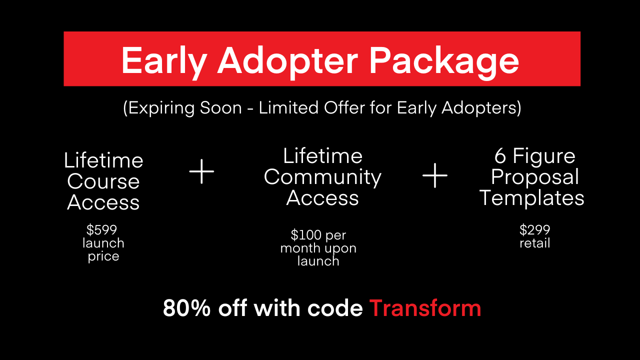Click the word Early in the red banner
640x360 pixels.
point(164,61)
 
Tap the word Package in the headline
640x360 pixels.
point(444,61)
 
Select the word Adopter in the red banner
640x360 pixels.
point(287,61)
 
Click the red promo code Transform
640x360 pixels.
point(425,308)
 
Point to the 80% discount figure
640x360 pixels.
point(186,308)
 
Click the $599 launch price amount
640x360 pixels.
point(101,229)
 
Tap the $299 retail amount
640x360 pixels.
point(534,229)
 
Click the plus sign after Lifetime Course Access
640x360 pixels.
point(201,171)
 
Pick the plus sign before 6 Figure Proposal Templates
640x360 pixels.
point(435,175)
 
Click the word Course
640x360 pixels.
point(103,181)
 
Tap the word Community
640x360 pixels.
point(322,177)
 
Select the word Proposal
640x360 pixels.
point(535,177)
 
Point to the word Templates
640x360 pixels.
point(531,198)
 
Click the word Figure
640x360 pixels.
point(543,157)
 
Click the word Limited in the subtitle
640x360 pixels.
point(288,107)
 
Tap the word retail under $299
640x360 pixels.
point(534,243)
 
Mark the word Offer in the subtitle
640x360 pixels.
point(344,107)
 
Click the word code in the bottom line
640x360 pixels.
point(335,308)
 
